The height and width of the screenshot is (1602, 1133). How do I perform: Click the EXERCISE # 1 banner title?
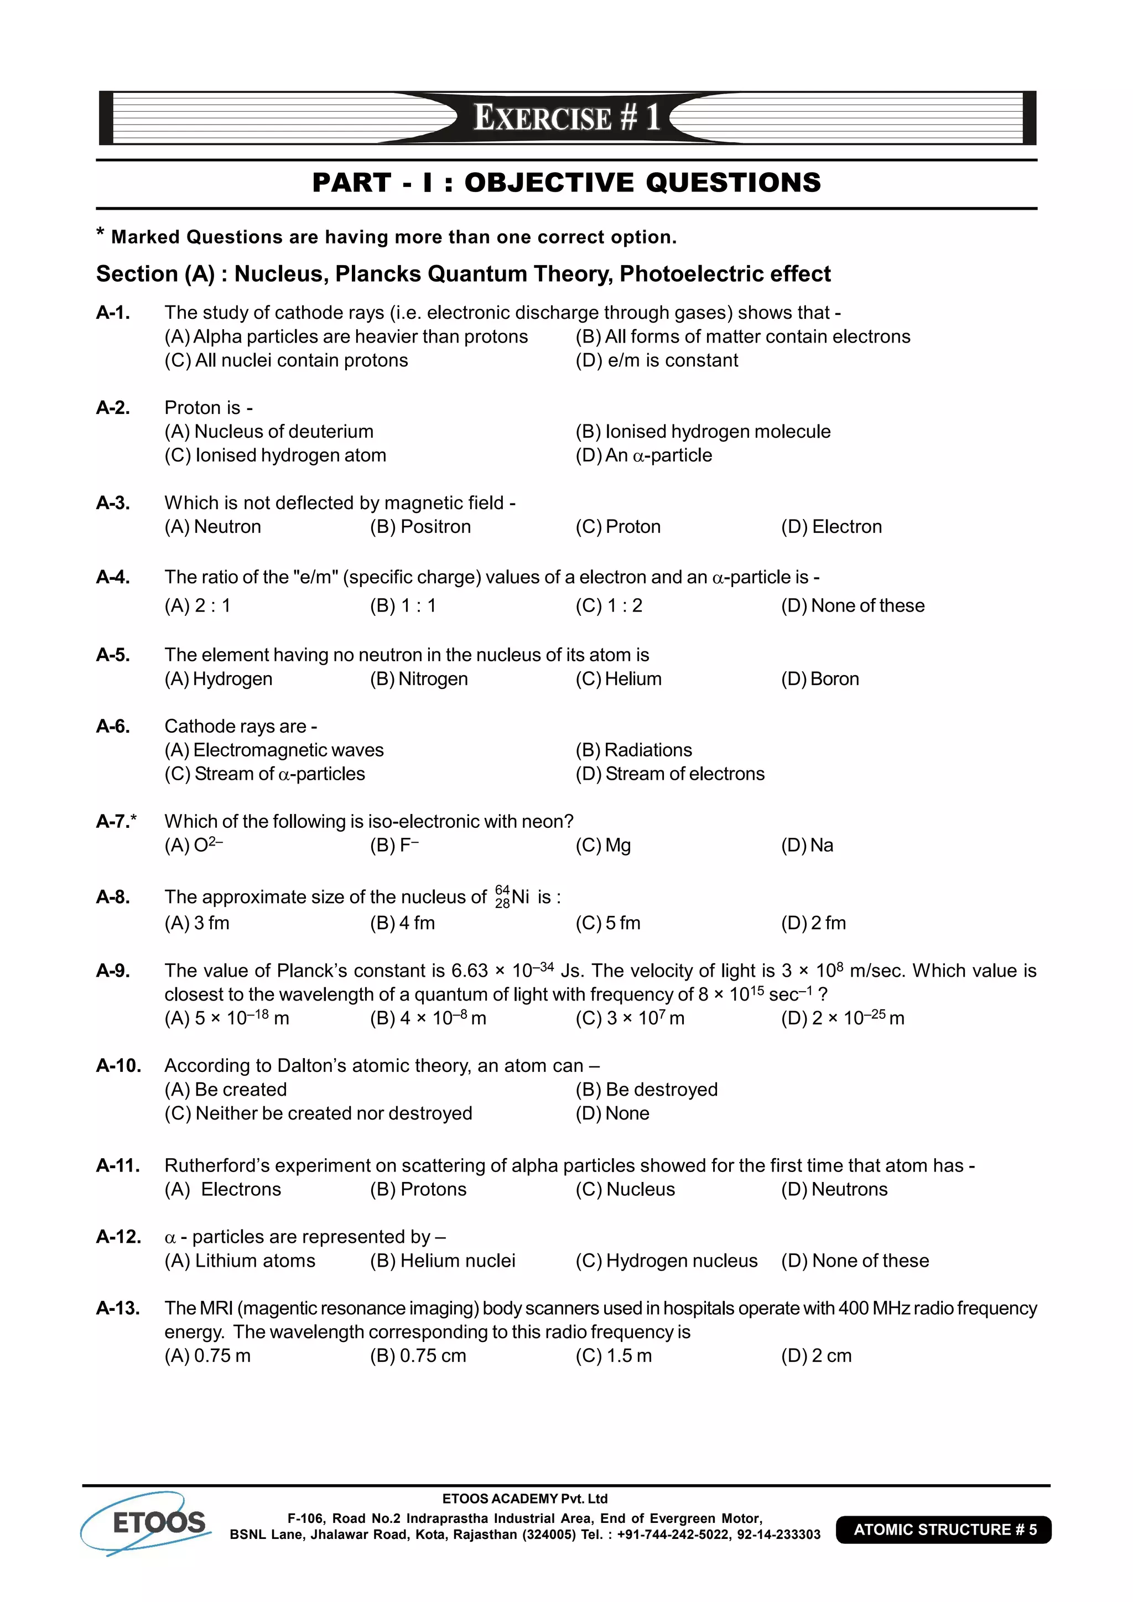pyautogui.click(x=566, y=117)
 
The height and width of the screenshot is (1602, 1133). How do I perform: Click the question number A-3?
pyautogui.click(x=113, y=502)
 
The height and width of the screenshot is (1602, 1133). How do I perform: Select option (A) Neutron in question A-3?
pyautogui.click(x=213, y=526)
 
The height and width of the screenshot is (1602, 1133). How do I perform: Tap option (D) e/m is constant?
pyautogui.click(x=657, y=360)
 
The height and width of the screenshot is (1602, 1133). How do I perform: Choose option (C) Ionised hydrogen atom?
pyautogui.click(x=275, y=455)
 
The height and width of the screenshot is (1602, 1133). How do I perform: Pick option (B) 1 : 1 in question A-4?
pyautogui.click(x=403, y=605)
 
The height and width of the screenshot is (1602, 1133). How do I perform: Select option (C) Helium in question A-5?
pyautogui.click(x=618, y=678)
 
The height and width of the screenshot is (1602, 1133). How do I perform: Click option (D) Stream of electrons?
pyautogui.click(x=670, y=773)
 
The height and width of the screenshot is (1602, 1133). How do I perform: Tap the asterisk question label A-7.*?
pyautogui.click(x=117, y=821)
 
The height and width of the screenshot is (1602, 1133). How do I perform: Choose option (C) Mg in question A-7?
pyautogui.click(x=603, y=845)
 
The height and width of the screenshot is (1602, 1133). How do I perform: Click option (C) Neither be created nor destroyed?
pyautogui.click(x=318, y=1113)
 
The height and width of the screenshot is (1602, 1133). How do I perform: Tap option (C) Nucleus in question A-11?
pyautogui.click(x=625, y=1189)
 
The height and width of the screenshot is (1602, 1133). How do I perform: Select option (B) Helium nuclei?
pyautogui.click(x=443, y=1260)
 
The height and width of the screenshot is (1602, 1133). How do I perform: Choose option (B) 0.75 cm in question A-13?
pyautogui.click(x=417, y=1355)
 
